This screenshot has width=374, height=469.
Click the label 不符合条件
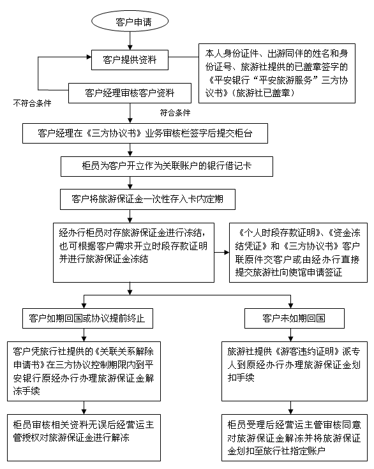pos(32,102)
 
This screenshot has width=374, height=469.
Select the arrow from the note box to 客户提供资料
pos(181,60)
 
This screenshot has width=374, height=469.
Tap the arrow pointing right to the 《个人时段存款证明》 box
pos(221,253)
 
